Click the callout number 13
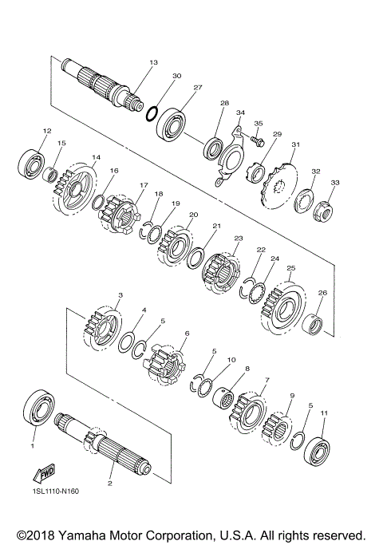point(153,61)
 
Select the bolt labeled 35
point(255,141)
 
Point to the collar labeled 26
point(315,324)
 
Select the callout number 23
point(238,239)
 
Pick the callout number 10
point(231,361)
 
